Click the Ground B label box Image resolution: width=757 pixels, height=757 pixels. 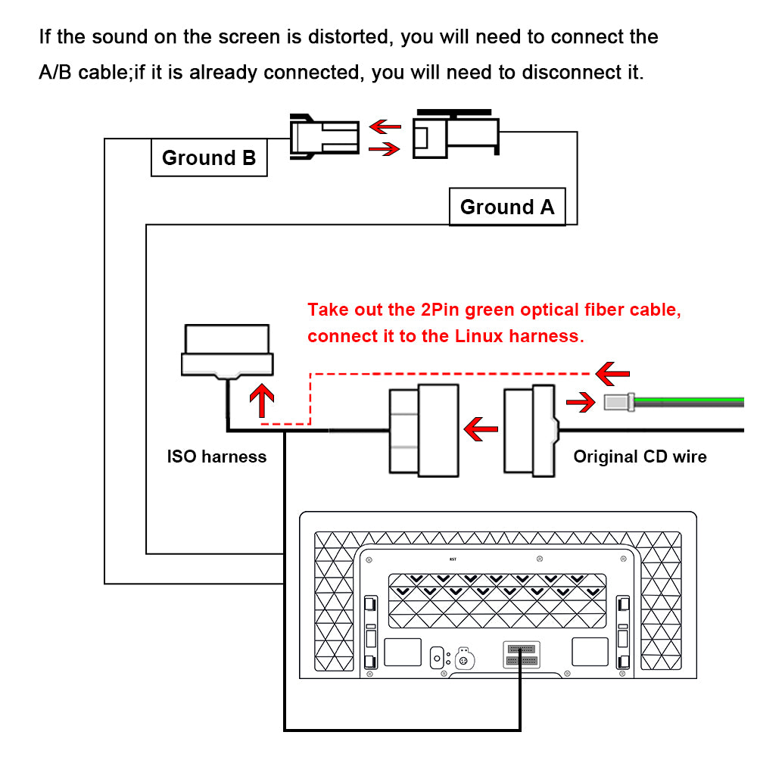[x=209, y=158]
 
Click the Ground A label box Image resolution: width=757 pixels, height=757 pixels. [x=506, y=207]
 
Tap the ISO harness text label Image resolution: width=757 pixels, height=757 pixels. [x=217, y=456]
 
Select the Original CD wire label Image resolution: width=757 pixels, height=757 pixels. [x=640, y=456]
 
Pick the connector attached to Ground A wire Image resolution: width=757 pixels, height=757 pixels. [x=454, y=137]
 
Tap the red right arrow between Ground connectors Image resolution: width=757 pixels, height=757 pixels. [x=384, y=150]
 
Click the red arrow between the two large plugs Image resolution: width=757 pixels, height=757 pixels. [x=481, y=431]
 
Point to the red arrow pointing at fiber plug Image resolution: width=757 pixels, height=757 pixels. [x=581, y=402]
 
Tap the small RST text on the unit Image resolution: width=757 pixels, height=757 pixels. [x=453, y=560]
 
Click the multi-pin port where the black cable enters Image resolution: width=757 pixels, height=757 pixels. [x=520, y=654]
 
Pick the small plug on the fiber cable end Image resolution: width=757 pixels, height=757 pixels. [x=618, y=402]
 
